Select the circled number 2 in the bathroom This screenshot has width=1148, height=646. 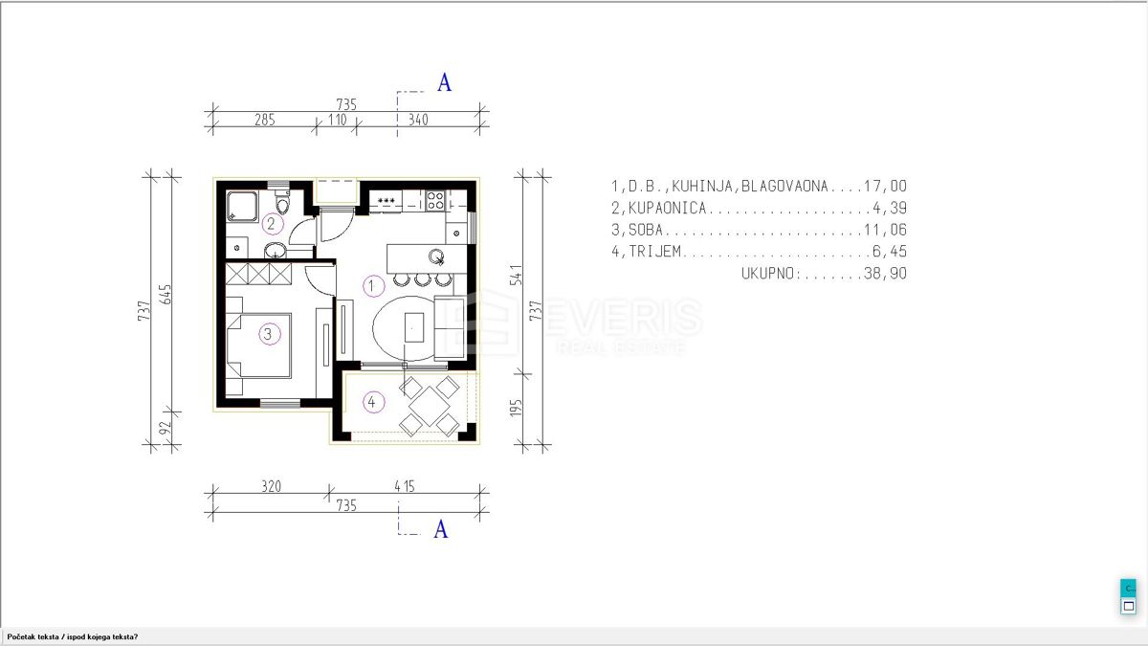(272, 224)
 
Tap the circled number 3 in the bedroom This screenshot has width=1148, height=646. (268, 334)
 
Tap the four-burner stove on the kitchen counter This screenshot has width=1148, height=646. (434, 201)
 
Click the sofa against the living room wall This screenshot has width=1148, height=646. (450, 328)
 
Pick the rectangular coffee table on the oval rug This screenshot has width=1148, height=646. (413, 329)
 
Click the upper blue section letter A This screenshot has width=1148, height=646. (444, 83)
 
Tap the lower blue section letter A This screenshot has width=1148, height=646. (441, 529)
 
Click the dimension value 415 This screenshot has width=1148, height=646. (406, 487)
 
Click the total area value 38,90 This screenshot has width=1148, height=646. (887, 274)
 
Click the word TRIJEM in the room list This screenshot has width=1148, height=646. (657, 252)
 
